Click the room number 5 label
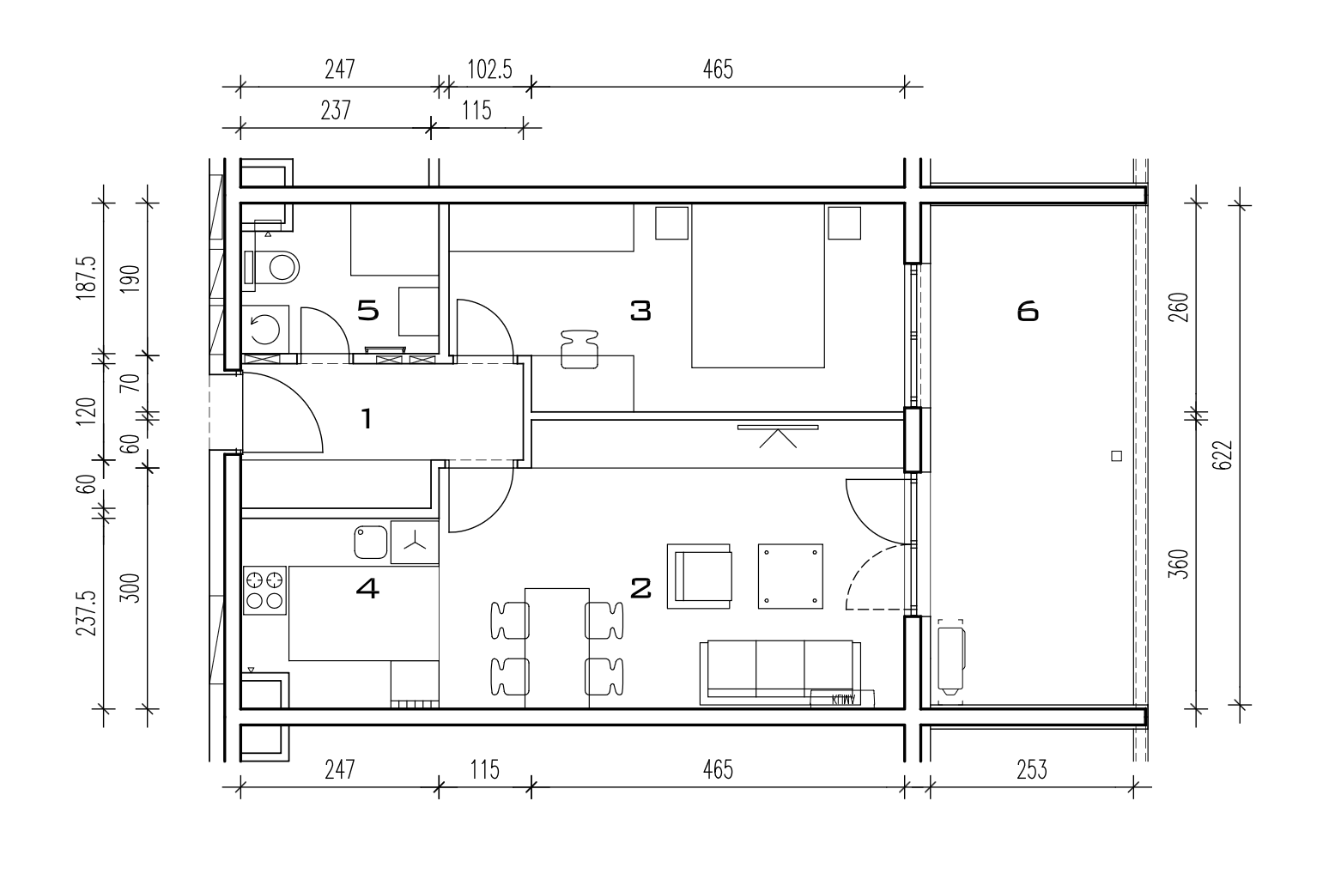click(x=367, y=310)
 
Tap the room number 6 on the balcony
click(x=1028, y=311)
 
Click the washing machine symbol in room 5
click(x=264, y=330)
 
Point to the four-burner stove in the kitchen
click(x=264, y=590)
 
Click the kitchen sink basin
click(x=371, y=542)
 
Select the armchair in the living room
click(x=699, y=576)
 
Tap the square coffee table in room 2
click(x=791, y=576)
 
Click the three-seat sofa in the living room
click(x=780, y=672)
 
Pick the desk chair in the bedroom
click(x=579, y=350)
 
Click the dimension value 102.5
click(x=489, y=70)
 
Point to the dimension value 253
click(x=1032, y=770)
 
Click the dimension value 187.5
click(x=86, y=277)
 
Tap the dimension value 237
click(x=336, y=111)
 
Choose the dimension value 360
click(x=1178, y=564)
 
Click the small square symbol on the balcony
click(x=1116, y=456)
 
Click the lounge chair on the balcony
click(x=951, y=657)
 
